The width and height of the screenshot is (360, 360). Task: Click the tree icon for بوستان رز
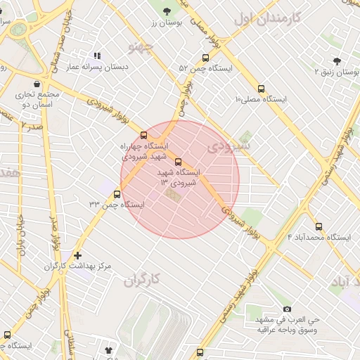(167, 11)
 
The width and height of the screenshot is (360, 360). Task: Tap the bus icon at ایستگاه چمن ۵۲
(205, 58)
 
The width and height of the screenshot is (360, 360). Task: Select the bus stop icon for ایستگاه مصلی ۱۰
(261, 89)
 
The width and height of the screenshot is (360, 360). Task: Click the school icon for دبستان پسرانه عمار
(97, 56)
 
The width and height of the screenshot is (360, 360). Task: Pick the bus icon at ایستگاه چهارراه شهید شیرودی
(144, 134)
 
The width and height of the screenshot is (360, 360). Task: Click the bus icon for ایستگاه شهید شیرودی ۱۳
(177, 161)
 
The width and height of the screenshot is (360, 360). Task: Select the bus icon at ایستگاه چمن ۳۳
(117, 194)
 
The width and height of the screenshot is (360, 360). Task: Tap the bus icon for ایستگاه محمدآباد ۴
(319, 226)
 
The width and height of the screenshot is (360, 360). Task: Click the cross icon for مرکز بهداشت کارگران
(77, 255)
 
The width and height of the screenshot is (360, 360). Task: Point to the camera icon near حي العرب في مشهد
(287, 309)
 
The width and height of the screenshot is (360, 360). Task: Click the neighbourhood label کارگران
(143, 280)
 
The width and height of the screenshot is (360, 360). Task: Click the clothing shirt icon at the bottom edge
(109, 349)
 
